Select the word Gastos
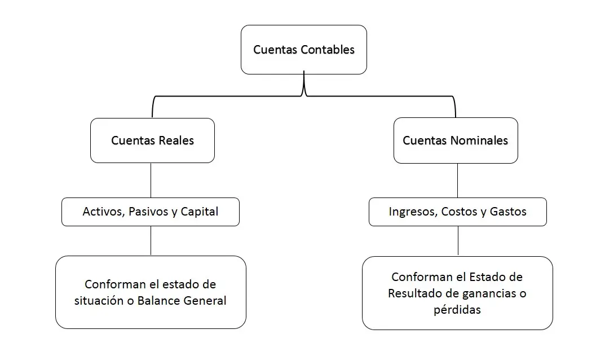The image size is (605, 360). pyautogui.click(x=508, y=212)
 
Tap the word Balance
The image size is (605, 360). pyautogui.click(x=158, y=301)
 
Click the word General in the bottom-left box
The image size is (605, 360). pyautogui.click(x=205, y=301)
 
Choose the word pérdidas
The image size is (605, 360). pyautogui.click(x=457, y=310)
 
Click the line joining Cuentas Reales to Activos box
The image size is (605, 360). pyautogui.click(x=151, y=181)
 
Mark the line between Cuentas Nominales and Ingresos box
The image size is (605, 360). pyautogui.click(x=458, y=181)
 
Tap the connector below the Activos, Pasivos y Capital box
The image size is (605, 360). pyautogui.click(x=151, y=240)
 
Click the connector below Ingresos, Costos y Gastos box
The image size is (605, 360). pyautogui.click(x=458, y=241)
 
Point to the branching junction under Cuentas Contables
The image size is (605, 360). pyautogui.click(x=304, y=93)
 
